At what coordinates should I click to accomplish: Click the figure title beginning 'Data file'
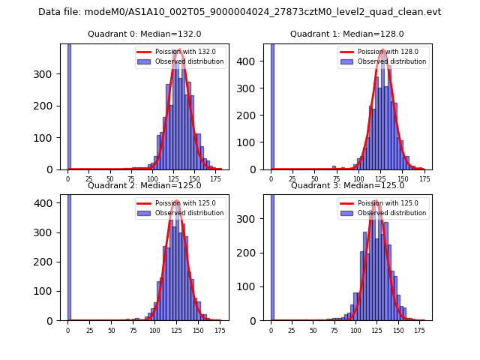click(x=240, y=12)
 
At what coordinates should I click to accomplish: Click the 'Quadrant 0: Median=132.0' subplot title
click(x=145, y=34)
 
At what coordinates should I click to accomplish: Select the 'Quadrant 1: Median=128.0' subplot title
click(x=347, y=34)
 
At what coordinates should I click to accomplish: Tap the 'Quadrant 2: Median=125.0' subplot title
click(x=145, y=185)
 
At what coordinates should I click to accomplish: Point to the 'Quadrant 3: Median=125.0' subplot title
click(x=347, y=185)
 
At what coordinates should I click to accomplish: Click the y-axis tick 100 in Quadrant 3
click(x=253, y=287)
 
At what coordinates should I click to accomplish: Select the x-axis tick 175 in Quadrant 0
click(x=216, y=179)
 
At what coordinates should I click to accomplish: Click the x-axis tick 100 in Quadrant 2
click(x=154, y=330)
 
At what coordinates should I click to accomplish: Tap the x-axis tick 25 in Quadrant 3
click(x=292, y=330)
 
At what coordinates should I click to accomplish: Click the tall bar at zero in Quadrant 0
click(x=69, y=106)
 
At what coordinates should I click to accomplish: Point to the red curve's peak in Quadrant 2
click(x=176, y=201)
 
